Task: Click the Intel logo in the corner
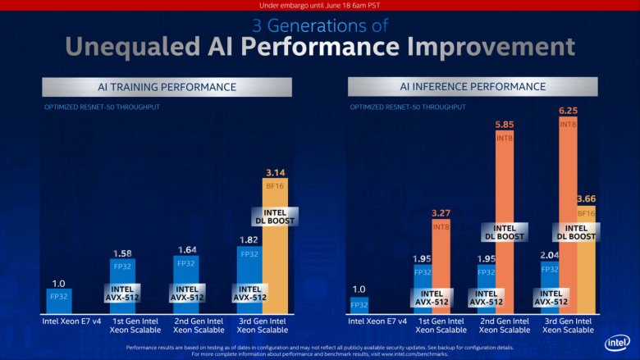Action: (616, 342)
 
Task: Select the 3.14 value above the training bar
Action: (274, 172)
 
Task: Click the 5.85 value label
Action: (505, 125)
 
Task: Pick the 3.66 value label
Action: (586, 199)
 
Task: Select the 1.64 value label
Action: (186, 249)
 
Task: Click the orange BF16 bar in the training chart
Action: (274, 262)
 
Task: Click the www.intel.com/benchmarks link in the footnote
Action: (411, 353)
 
